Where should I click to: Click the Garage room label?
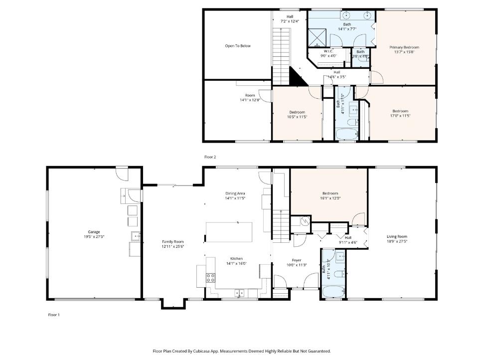coord(94,232)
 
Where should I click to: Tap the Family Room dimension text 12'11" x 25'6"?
coord(173,246)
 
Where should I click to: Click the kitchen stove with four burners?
coord(210,278)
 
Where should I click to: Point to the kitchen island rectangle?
coord(229,232)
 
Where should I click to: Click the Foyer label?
coord(297,260)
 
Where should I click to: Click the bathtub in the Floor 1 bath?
coord(332,290)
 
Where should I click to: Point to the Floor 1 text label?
coord(53,315)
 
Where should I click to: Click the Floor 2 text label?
coord(210,157)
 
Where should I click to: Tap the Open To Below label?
coord(238,46)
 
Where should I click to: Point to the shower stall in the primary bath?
coord(317,36)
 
